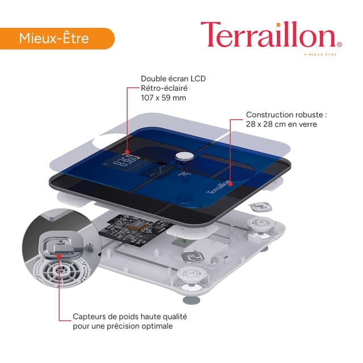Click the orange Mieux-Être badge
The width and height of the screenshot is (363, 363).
pos(57,39)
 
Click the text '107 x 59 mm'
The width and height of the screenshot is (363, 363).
pos(163,98)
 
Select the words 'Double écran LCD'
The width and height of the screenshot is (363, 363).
pos(173,79)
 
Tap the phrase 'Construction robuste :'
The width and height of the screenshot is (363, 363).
pos(286,115)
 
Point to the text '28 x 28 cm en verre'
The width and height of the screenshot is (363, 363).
pos(281,124)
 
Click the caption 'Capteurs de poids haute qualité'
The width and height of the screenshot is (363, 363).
pos(130,316)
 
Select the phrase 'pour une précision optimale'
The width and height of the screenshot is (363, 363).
pos(123,326)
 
